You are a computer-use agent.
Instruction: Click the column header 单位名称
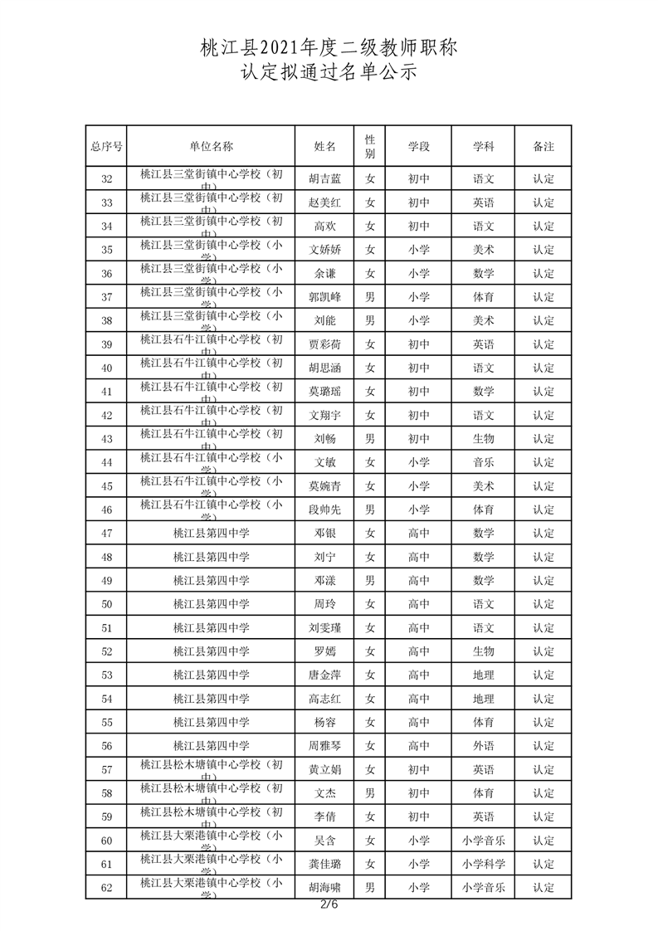211,146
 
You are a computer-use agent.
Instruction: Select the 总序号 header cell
106,146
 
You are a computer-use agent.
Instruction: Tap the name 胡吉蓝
324,178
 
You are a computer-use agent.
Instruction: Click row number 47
106,534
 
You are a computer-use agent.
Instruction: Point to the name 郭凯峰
324,297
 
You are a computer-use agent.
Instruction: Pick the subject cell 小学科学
484,865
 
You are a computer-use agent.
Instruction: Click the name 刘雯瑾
324,628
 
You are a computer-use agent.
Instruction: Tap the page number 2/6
329,904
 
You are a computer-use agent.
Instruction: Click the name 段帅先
324,509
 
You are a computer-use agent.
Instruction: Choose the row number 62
106,888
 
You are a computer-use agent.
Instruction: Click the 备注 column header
543,146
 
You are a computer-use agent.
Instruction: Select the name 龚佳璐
324,865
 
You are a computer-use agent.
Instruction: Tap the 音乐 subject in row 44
484,462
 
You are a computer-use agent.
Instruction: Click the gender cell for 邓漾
370,581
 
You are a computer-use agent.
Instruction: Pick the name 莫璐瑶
324,392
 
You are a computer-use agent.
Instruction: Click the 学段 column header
419,146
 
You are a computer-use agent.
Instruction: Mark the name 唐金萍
324,675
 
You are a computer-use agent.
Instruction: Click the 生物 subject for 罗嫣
484,651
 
